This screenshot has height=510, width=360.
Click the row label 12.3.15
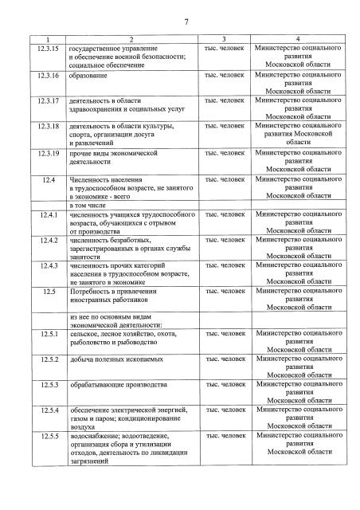[x=47, y=49]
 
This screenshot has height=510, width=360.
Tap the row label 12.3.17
[x=47, y=101]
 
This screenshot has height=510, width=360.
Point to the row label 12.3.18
[x=47, y=126]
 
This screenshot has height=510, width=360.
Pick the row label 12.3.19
[x=47, y=152]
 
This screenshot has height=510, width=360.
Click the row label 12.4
[x=47, y=179]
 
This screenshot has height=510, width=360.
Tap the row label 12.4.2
[x=47, y=240]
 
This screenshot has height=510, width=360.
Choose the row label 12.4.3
[x=47, y=265]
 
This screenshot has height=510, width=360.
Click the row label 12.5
[x=47, y=291]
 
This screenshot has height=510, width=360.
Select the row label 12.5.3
[x=47, y=385]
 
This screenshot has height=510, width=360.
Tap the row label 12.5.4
[x=47, y=410]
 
